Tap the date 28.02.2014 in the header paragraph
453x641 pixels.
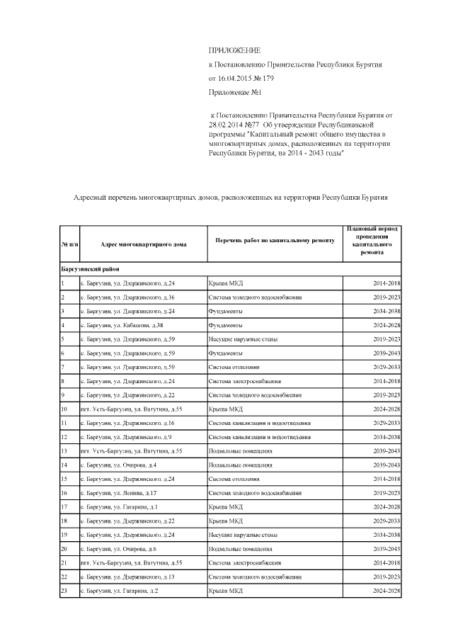click(x=228, y=125)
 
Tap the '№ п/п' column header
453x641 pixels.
click(x=69, y=244)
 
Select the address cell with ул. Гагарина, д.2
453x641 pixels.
click(x=119, y=590)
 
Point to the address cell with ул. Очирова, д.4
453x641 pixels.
click(x=118, y=465)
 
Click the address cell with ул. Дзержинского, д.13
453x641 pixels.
click(x=127, y=577)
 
